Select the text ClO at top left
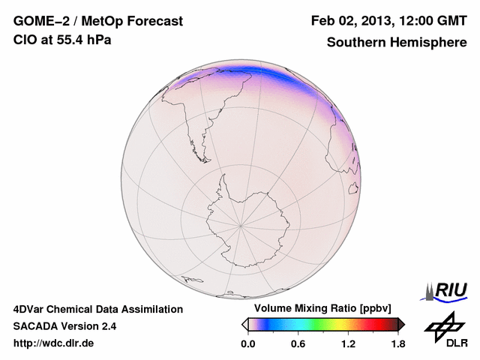[x=25, y=40]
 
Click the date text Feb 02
[x=331, y=21]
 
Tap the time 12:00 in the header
[x=420, y=21]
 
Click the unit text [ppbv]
[x=375, y=309]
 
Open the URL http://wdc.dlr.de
[x=54, y=343]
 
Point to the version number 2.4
[x=108, y=326]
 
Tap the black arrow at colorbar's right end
[x=400, y=324]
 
